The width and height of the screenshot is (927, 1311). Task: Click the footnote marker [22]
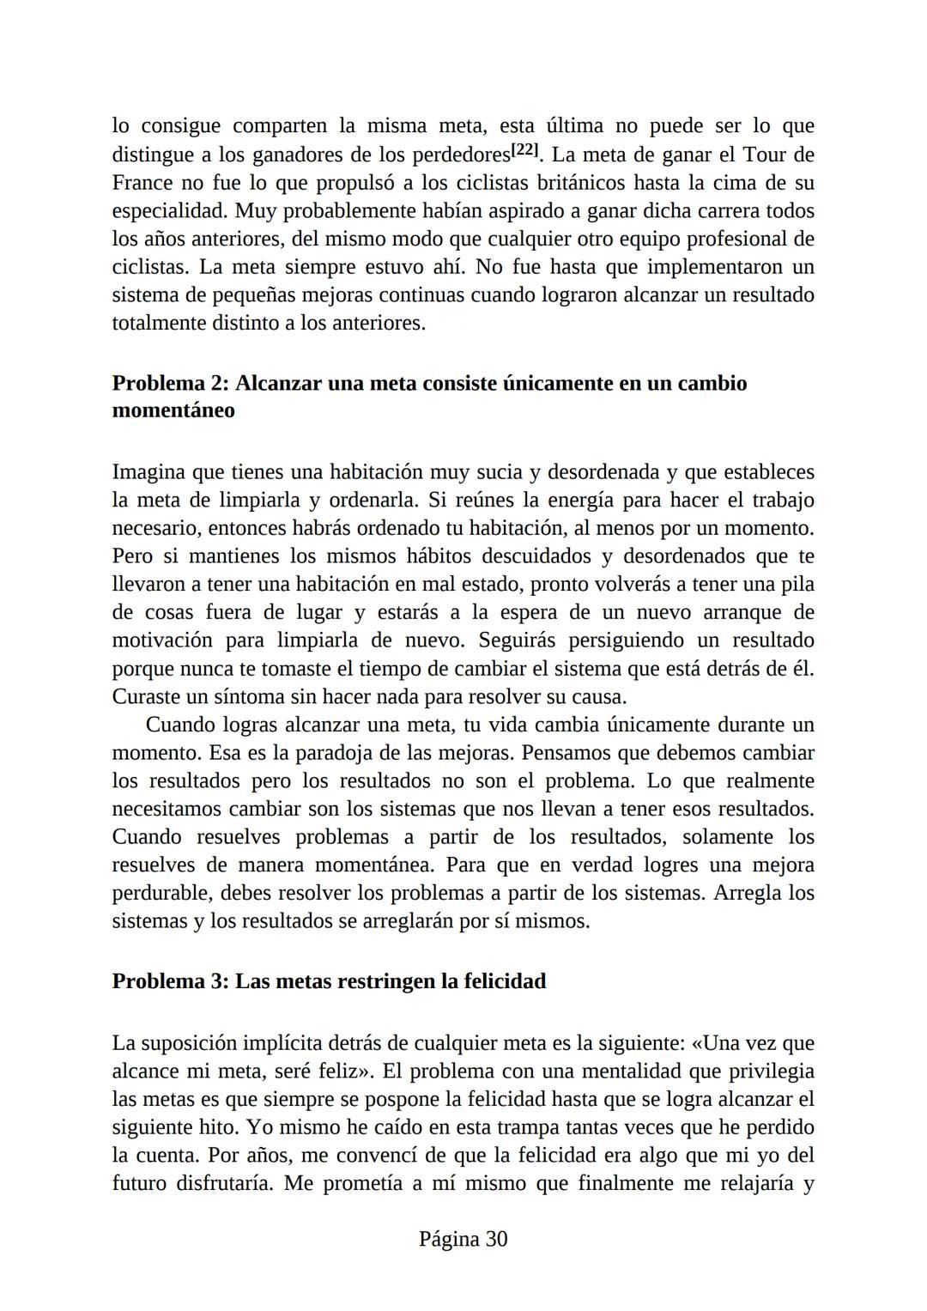point(525,152)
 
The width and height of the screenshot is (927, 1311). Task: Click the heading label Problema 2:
point(169,383)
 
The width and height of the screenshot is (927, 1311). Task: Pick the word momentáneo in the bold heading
point(173,410)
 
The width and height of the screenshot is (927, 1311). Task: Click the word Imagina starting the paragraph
point(149,472)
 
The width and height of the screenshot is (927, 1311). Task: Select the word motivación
point(162,640)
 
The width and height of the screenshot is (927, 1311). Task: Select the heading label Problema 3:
point(169,981)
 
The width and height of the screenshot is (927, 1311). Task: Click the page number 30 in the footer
point(496,1239)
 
